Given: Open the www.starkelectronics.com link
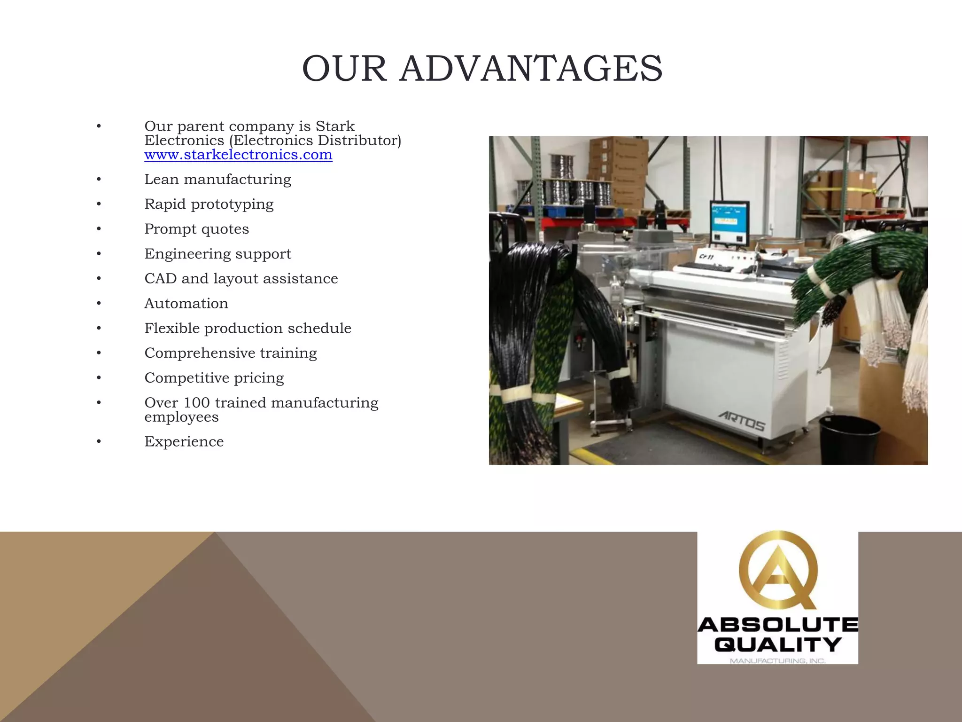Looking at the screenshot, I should pyautogui.click(x=238, y=155).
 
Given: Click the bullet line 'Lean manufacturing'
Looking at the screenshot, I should pyautogui.click(x=217, y=180).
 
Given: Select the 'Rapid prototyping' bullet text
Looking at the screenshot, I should pyautogui.click(x=209, y=204).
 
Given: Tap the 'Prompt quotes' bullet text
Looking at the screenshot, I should pyautogui.click(x=196, y=229).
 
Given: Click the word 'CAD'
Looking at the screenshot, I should pyautogui.click(x=160, y=279).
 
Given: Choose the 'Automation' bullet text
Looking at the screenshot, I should pyautogui.click(x=186, y=304).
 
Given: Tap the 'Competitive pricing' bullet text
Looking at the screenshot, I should pyautogui.click(x=214, y=378).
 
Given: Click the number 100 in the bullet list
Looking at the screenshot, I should pyautogui.click(x=196, y=403).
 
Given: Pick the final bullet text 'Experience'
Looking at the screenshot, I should pyautogui.click(x=184, y=442).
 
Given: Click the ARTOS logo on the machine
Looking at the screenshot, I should pyautogui.click(x=742, y=421).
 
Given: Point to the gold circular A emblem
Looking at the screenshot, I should pyautogui.click(x=778, y=570).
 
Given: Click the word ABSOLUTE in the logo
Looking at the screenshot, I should pyautogui.click(x=778, y=625).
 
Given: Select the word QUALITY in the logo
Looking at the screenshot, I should pyautogui.click(x=778, y=644).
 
